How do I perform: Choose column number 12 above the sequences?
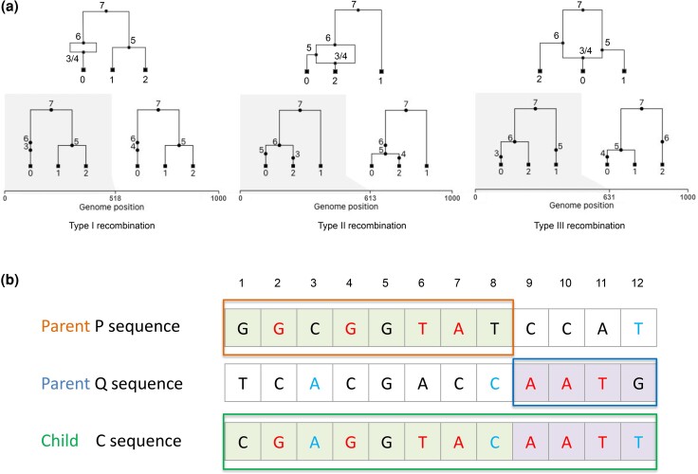pyautogui.click(x=638, y=282)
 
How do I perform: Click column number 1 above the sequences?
pyautogui.click(x=242, y=282)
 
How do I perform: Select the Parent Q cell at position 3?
pyautogui.click(x=314, y=384)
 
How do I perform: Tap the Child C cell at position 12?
pyautogui.click(x=638, y=441)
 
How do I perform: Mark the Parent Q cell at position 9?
pyautogui.click(x=531, y=384)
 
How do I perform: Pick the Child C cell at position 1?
pyautogui.click(x=242, y=441)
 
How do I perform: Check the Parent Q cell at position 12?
pyautogui.click(x=638, y=384)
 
